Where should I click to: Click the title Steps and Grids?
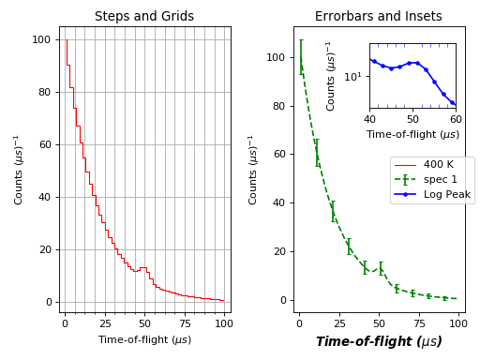[x=144, y=16]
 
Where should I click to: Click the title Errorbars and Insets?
[x=378, y=16]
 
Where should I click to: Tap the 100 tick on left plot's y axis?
[x=43, y=39]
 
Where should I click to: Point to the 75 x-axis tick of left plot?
[x=184, y=323]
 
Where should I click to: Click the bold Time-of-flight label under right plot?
[x=378, y=342]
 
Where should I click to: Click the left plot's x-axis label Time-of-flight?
[x=144, y=339]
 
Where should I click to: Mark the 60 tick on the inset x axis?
[x=456, y=120]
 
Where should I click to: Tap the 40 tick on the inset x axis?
[x=369, y=120]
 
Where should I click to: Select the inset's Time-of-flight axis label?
[x=412, y=134]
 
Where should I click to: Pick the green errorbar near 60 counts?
[x=316, y=153]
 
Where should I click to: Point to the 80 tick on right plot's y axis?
[x=280, y=106]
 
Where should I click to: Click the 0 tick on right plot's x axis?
[x=299, y=323]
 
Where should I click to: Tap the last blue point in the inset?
[x=453, y=103]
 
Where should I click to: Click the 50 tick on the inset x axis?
[x=412, y=120]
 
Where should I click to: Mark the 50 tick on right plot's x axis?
[x=379, y=323]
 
